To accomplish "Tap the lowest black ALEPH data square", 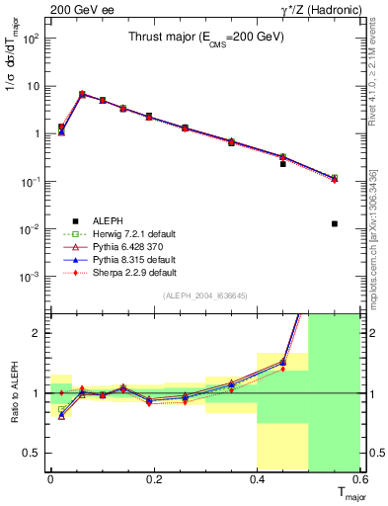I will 335,223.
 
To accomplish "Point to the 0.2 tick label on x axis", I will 153,479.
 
